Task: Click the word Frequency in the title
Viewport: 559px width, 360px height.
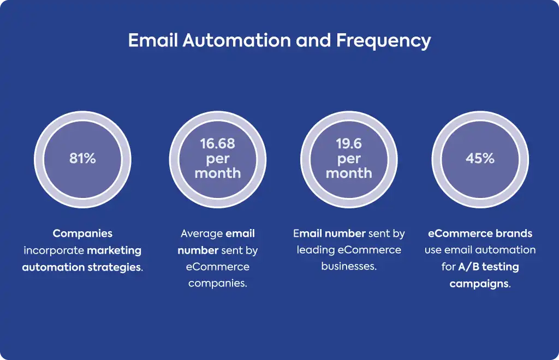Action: (383, 41)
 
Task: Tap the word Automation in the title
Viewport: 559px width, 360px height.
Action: (237, 40)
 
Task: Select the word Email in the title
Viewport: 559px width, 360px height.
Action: (153, 40)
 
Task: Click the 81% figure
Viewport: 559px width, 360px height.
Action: (83, 159)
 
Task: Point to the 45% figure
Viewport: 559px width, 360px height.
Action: (480, 159)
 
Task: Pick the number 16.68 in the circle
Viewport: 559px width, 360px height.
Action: (217, 144)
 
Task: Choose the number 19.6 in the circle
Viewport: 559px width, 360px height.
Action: (349, 144)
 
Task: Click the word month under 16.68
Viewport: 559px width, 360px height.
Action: (217, 173)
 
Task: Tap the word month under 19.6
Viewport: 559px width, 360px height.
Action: (349, 173)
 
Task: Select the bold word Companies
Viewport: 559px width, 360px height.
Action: (83, 233)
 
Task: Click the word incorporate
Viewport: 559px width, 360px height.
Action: (54, 250)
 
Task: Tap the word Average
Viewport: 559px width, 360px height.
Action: (202, 233)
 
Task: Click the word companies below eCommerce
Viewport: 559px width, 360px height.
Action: (217, 284)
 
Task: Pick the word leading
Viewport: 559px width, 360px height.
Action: (316, 250)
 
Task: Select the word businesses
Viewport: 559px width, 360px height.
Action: (348, 266)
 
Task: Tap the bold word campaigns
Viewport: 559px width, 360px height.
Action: (479, 284)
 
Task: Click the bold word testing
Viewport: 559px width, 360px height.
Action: (501, 267)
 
